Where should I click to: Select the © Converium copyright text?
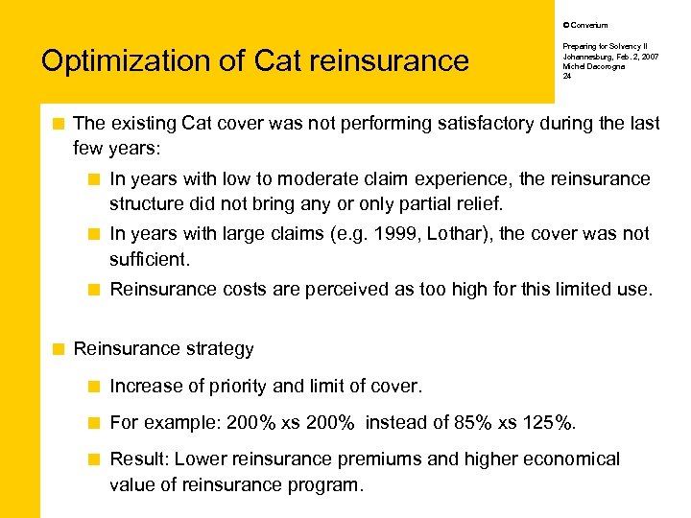(x=584, y=25)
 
